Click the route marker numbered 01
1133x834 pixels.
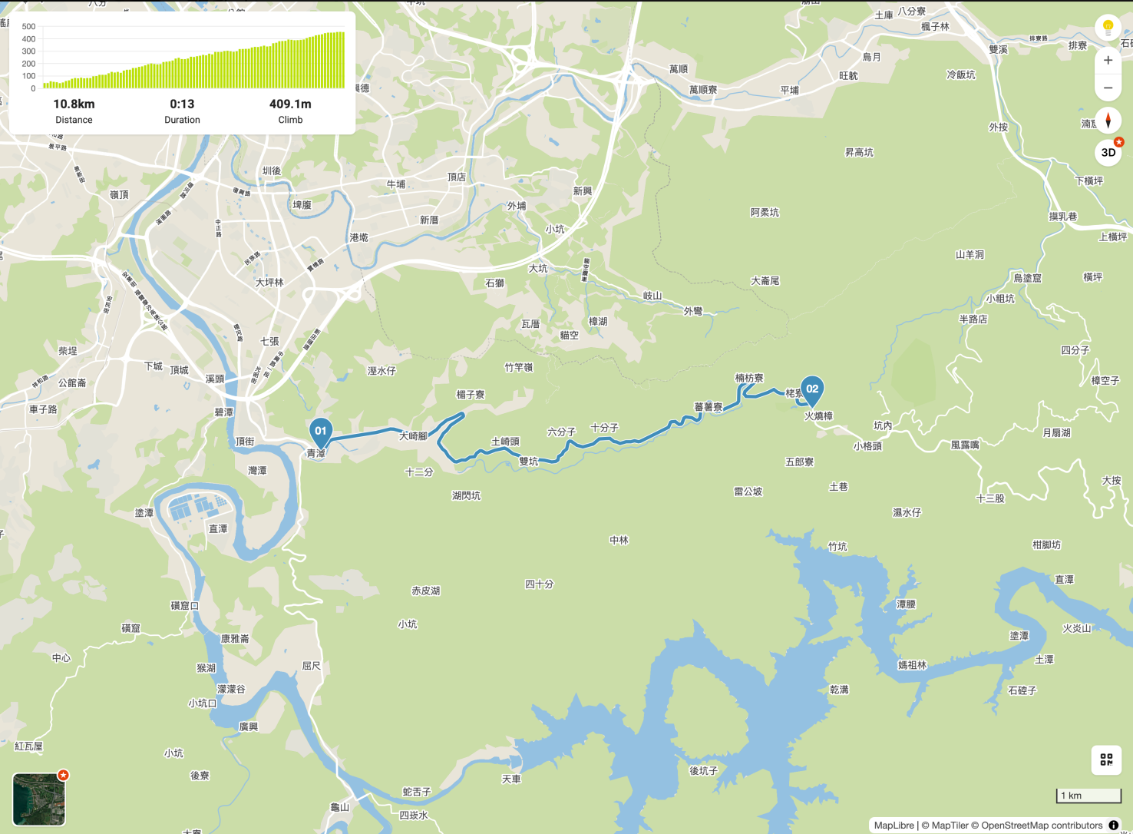(x=321, y=432)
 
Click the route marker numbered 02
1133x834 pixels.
(x=812, y=389)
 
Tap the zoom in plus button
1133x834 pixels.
(x=1108, y=60)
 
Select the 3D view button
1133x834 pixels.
(x=1108, y=152)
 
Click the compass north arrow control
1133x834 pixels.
(x=1108, y=121)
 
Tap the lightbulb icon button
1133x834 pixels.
(x=1108, y=28)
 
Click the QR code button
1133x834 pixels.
(x=1106, y=760)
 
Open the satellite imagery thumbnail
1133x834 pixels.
(x=39, y=799)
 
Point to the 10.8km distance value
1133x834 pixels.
(x=74, y=104)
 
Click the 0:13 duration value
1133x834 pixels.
(x=182, y=104)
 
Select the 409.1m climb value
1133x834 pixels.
(x=290, y=104)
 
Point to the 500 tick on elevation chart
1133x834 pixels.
(x=28, y=27)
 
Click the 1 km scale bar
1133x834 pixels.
(x=1088, y=796)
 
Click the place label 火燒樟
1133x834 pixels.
(x=818, y=416)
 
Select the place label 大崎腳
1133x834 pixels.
(x=413, y=436)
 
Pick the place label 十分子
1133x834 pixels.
(x=604, y=428)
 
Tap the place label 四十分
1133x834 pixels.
(x=539, y=584)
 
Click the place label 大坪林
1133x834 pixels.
(x=269, y=283)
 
